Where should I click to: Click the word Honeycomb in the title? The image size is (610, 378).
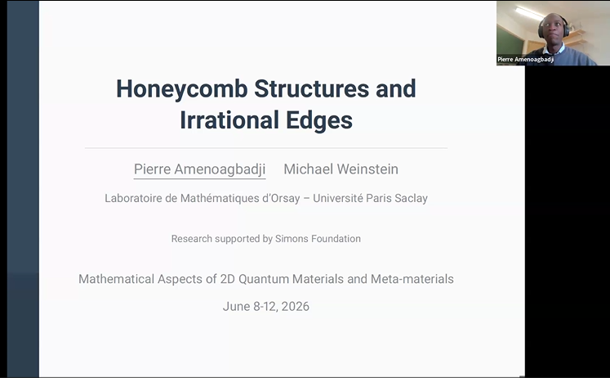181,90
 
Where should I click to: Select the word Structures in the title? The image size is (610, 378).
312,88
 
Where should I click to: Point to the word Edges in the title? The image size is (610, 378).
319,120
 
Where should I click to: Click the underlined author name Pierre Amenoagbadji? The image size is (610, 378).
199,169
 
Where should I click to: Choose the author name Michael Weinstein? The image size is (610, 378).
341,169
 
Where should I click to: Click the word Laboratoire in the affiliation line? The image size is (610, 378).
133,198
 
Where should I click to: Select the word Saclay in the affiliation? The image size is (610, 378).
411,198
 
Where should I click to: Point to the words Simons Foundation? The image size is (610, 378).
318,238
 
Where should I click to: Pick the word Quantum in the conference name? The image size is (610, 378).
264,279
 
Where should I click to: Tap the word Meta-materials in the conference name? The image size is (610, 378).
412,279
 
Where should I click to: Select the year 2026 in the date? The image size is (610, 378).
296,306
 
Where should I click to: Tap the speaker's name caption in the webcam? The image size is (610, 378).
526,60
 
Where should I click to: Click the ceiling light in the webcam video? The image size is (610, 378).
529,14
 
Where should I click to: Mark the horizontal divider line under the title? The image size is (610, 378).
266,148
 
